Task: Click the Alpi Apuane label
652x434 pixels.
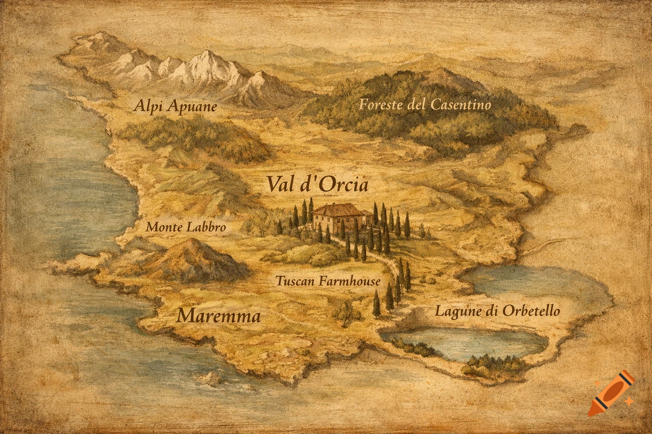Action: click(175, 106)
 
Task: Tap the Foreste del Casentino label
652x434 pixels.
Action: click(424, 105)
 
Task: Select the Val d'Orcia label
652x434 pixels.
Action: click(317, 185)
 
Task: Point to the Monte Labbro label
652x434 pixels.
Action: click(185, 227)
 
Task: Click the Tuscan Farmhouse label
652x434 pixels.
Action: click(328, 281)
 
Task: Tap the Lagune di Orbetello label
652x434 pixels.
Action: click(497, 312)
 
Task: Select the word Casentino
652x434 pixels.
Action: click(461, 105)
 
